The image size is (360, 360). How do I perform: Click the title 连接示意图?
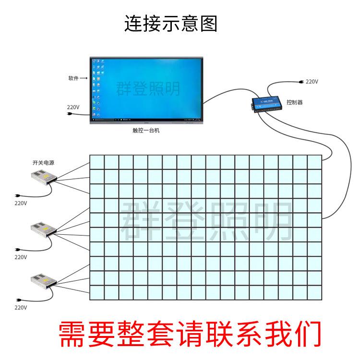171,23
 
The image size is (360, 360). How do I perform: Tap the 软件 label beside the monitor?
73,78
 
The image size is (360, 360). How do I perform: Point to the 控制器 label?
295,102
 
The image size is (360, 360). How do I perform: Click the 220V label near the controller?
312,82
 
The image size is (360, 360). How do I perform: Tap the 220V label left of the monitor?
73,107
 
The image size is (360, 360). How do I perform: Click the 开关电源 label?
43,163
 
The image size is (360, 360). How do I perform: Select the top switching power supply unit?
43,178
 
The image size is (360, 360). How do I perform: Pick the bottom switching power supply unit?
43,279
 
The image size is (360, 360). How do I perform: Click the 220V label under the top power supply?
21,203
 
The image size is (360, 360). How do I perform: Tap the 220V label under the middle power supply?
21,257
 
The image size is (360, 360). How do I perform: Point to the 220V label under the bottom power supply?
21,307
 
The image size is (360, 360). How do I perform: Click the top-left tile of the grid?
97,162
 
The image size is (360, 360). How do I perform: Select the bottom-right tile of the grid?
314,292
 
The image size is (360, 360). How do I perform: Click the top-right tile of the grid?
314,162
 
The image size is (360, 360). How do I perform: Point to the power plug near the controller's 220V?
300,82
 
